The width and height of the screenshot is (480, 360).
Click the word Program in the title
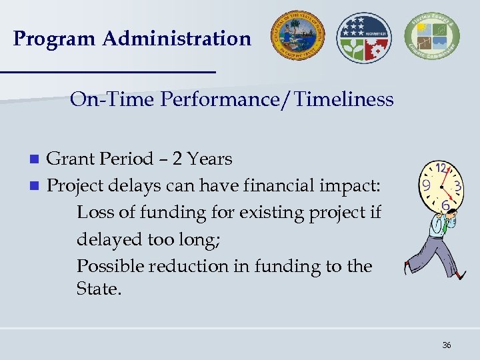[x=54, y=39]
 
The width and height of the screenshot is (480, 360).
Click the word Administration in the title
[x=177, y=39]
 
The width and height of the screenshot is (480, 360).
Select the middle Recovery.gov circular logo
[x=364, y=37]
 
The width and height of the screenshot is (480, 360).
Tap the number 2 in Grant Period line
[x=177, y=159]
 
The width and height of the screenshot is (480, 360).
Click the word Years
[x=210, y=159]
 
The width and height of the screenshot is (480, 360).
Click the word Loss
[x=95, y=213]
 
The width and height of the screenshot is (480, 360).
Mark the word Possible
[x=110, y=266]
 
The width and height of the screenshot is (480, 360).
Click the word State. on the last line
[x=99, y=289]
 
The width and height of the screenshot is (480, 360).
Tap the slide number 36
[x=446, y=345]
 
